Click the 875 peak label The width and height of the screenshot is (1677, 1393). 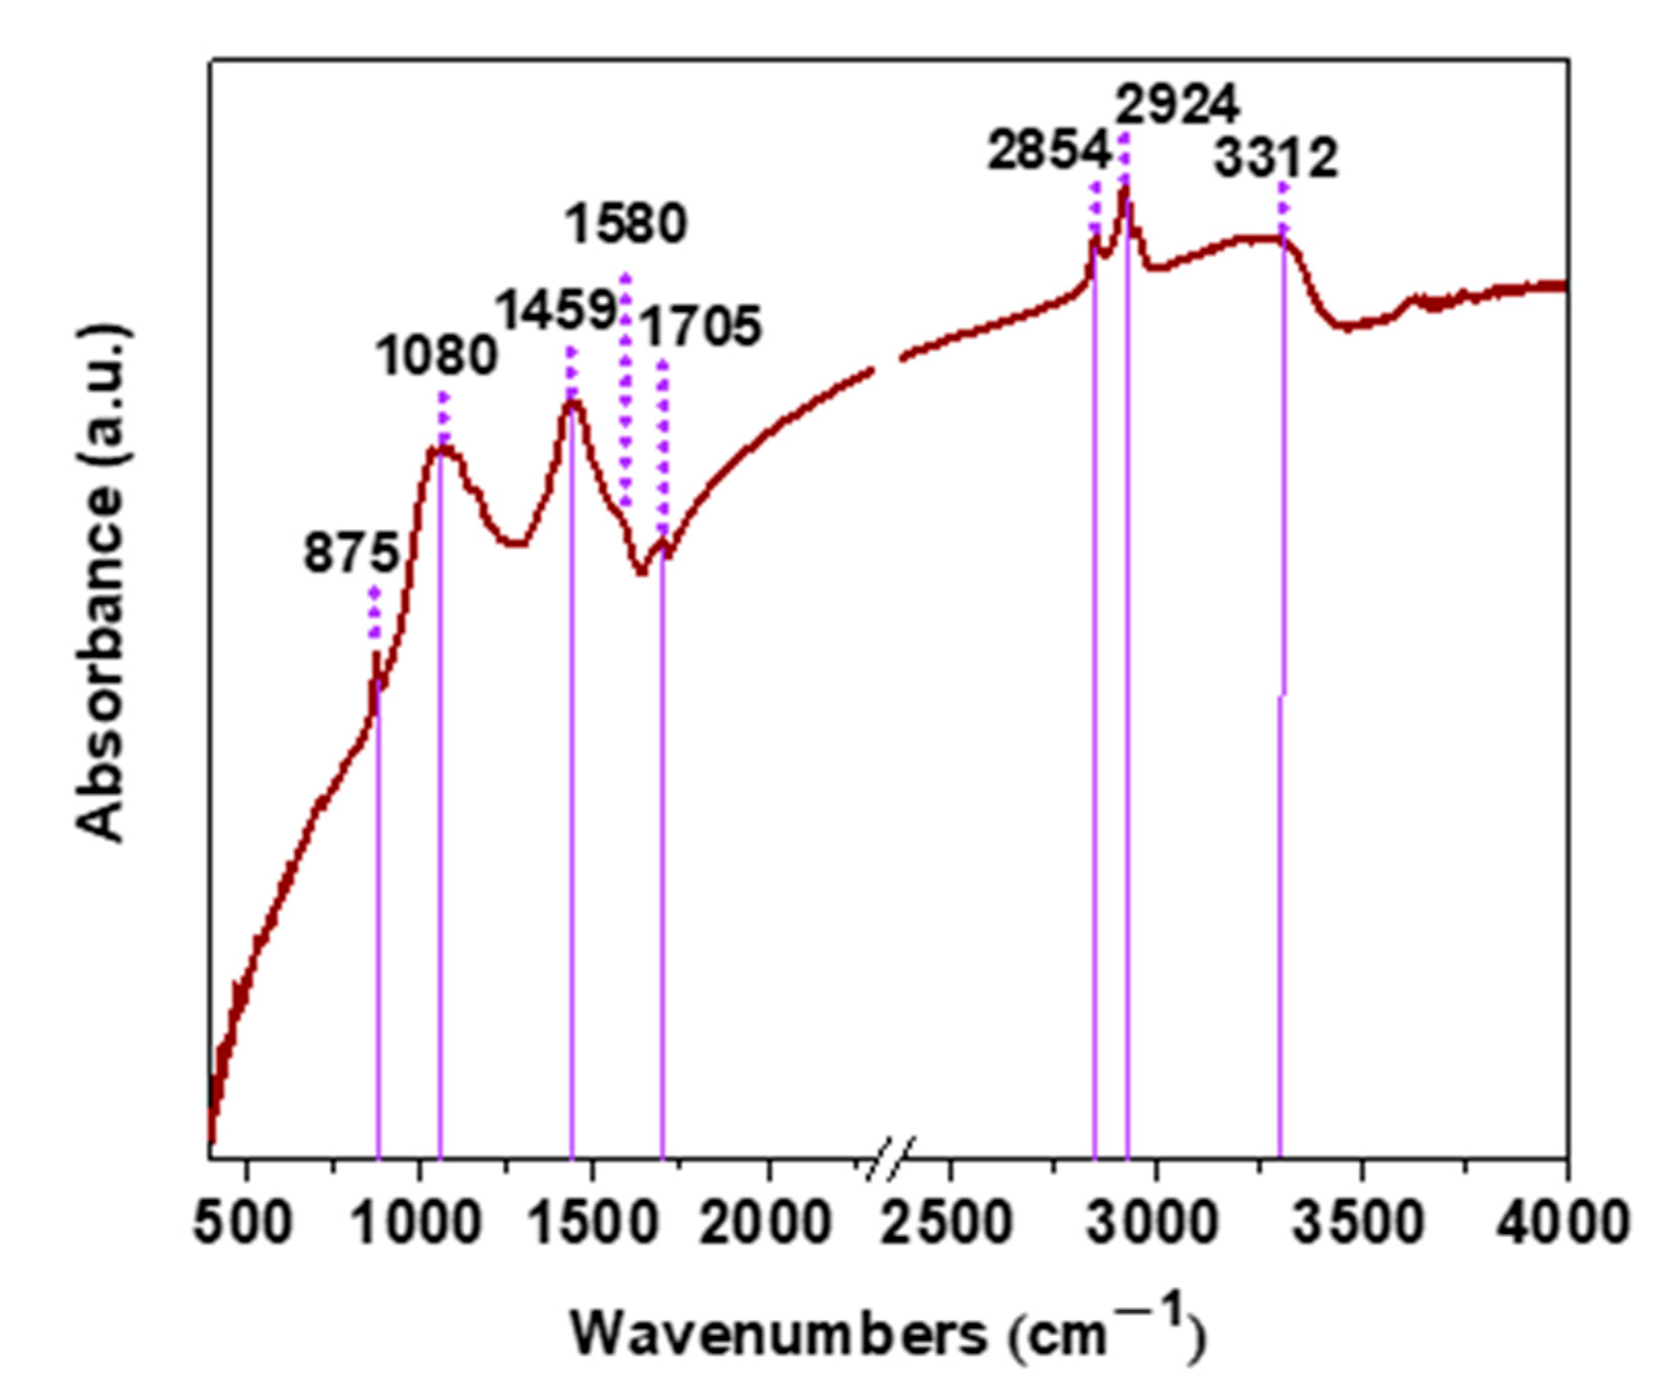(x=351, y=553)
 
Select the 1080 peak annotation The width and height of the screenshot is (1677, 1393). (x=437, y=356)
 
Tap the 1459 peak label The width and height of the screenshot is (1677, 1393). (x=557, y=310)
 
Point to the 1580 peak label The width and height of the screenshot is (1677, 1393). (x=626, y=225)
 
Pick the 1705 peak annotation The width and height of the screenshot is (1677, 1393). (x=702, y=326)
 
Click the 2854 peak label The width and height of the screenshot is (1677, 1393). (x=1049, y=151)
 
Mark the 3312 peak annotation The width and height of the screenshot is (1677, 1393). (x=1275, y=159)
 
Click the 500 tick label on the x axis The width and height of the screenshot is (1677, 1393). (x=243, y=1223)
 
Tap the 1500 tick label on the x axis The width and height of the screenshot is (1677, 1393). (x=592, y=1223)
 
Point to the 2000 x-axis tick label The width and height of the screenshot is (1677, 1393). (x=766, y=1223)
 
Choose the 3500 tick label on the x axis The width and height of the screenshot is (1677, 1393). (x=1358, y=1223)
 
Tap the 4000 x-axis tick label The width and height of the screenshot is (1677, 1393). (x=1561, y=1223)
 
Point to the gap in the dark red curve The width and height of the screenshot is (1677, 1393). (x=888, y=363)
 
